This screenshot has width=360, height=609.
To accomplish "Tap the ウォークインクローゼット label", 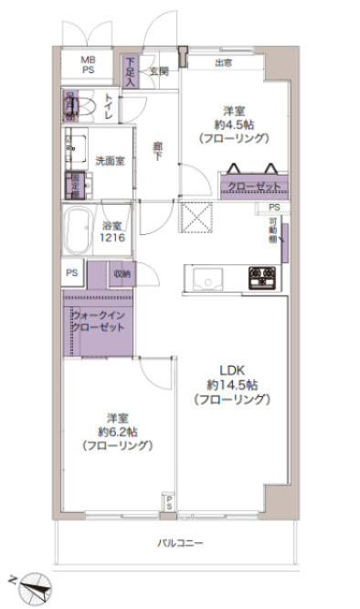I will click(x=96, y=322).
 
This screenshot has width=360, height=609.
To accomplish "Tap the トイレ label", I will click(x=110, y=108).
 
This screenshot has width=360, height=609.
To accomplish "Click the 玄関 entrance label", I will click(x=158, y=70).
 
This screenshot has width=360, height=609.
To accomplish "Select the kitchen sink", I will click(x=205, y=275).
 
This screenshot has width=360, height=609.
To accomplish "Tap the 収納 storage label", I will click(x=123, y=273).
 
